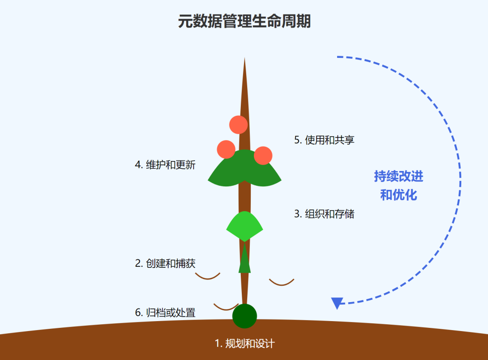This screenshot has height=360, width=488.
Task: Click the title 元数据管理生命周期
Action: [x=244, y=21]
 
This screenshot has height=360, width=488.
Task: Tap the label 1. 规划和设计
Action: [x=244, y=344]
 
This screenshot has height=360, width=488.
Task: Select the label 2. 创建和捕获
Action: [x=165, y=263]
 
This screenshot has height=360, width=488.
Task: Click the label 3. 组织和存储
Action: [x=324, y=214]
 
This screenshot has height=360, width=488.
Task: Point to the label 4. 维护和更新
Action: [x=165, y=165]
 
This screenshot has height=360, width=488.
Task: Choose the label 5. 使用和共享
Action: [x=324, y=140]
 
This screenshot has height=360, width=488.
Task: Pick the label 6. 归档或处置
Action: [x=165, y=313]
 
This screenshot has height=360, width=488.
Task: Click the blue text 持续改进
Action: [x=399, y=176]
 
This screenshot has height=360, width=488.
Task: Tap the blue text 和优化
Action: [x=399, y=195]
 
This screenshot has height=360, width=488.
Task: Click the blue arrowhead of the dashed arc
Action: [x=337, y=303]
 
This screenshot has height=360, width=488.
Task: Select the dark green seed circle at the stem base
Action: [x=244, y=316]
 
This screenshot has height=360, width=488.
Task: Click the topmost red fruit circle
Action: [x=238, y=125]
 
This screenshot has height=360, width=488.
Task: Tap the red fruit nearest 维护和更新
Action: [x=226, y=149]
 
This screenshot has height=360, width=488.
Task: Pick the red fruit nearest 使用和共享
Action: [x=263, y=155]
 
